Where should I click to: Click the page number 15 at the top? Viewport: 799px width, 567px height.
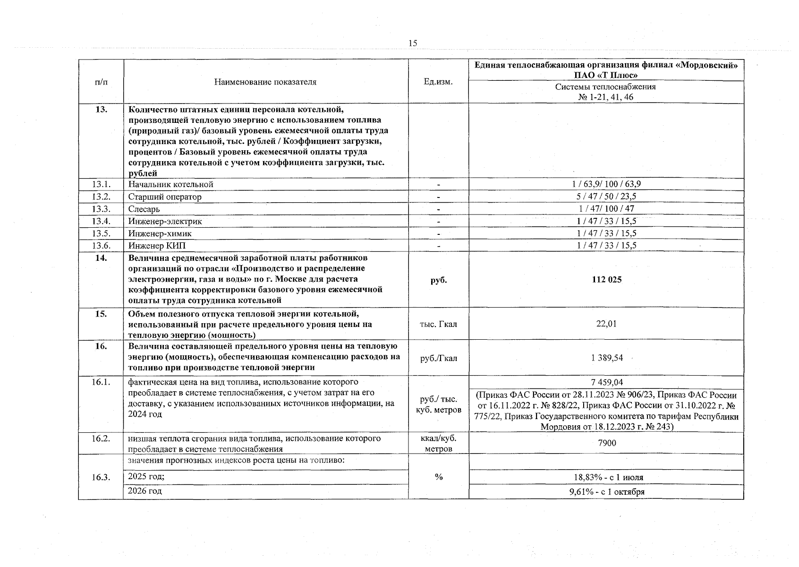[412, 43]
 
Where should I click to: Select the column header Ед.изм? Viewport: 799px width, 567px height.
[438, 82]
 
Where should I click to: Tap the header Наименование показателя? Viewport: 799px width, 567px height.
[265, 82]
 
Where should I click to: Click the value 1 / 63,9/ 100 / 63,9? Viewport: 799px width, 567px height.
[606, 184]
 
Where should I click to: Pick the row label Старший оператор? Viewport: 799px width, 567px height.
[165, 197]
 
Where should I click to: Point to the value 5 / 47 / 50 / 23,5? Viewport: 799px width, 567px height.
[606, 197]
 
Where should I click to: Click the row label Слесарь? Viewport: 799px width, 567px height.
[144, 209]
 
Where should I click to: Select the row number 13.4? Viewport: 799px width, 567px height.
[101, 221]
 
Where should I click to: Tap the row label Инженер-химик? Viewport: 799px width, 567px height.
[160, 233]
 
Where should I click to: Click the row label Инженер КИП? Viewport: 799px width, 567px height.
[157, 246]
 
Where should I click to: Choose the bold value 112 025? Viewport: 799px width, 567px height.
[606, 280]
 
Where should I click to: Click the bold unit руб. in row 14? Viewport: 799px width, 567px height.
[438, 280]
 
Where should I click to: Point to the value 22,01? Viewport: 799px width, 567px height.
[606, 324]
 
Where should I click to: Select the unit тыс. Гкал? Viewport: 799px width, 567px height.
[438, 324]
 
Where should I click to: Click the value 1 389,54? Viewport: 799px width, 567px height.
[606, 358]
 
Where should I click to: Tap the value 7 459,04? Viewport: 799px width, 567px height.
[606, 382]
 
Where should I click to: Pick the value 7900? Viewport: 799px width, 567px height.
[606, 443]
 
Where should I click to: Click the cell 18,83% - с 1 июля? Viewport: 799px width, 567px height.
[606, 478]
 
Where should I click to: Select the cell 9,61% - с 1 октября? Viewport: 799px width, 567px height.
[606, 492]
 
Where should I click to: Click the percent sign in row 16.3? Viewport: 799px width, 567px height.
[438, 477]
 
